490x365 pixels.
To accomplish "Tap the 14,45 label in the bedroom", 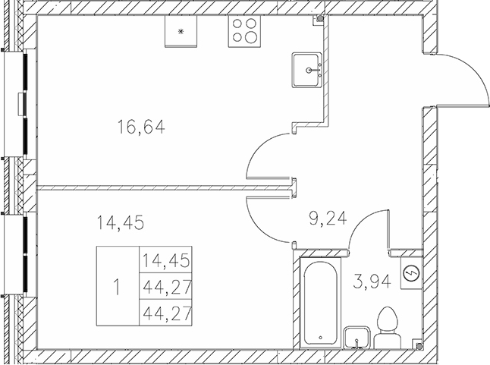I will click(121, 222).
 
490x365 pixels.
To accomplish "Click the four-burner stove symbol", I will click(244, 30).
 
